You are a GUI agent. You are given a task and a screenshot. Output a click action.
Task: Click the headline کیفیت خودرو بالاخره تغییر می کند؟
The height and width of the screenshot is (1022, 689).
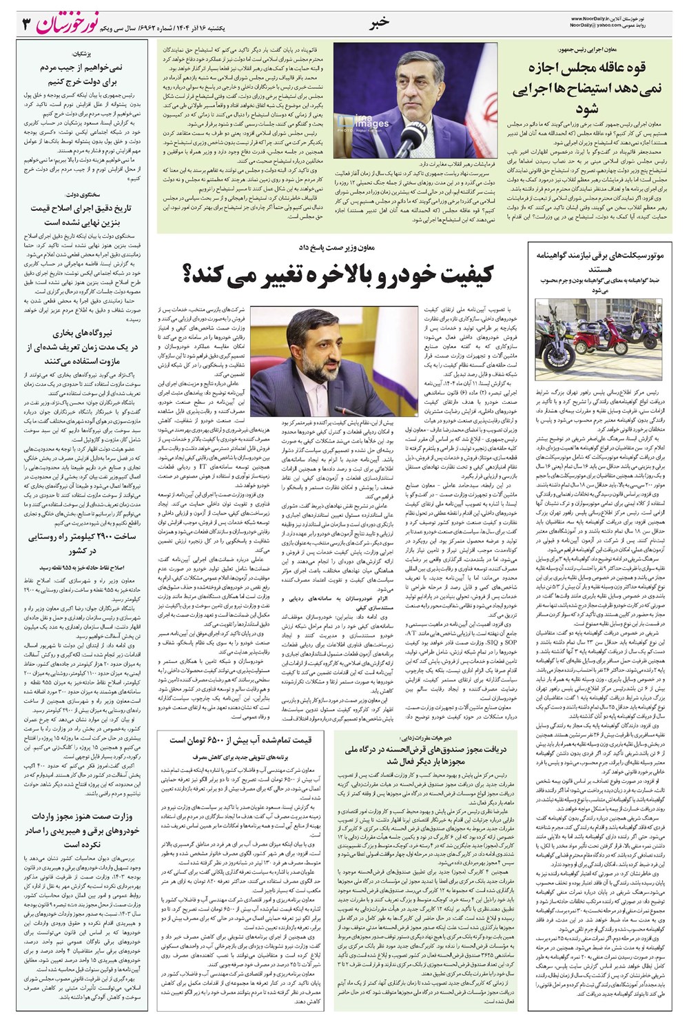339,274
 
